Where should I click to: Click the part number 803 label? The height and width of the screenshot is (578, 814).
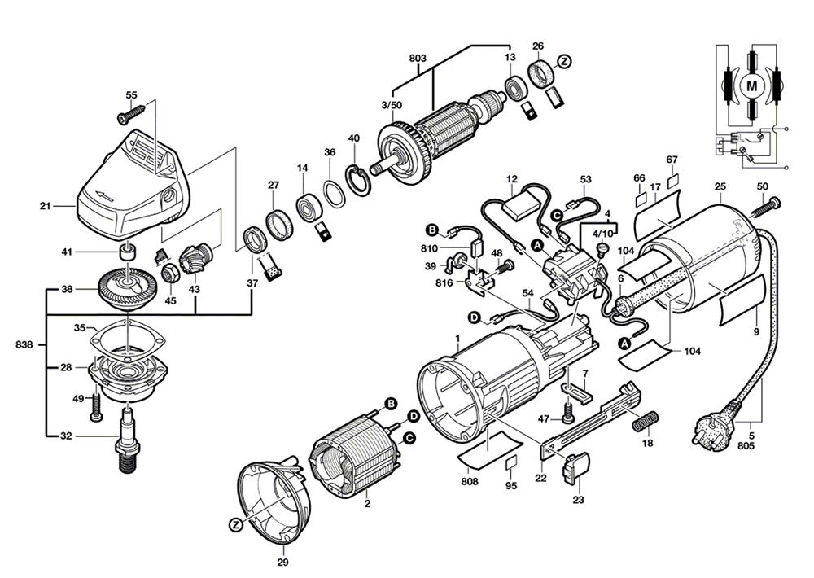coord(418,59)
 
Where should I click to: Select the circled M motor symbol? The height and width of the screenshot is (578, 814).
coord(752,84)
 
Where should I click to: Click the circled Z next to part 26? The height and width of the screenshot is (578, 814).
coord(563,61)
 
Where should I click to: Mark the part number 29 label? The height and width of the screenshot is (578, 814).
coord(283,562)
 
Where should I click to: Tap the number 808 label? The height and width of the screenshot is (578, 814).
coord(469,482)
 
